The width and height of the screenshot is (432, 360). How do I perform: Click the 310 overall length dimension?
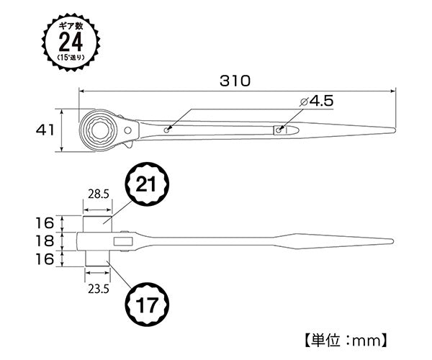coord(236,81)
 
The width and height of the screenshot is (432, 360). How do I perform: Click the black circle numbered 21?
coord(147,184)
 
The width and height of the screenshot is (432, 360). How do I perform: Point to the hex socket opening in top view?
coord(97,129)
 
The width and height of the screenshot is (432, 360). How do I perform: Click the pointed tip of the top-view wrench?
coord(394,130)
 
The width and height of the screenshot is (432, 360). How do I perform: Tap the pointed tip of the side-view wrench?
coord(395,240)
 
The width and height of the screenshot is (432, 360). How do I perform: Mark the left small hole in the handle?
coord(167,130)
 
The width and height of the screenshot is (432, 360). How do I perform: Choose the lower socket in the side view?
coord(97,258)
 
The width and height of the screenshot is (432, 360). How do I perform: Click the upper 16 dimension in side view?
coord(45,221)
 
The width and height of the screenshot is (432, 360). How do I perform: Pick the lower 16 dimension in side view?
coord(45,258)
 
